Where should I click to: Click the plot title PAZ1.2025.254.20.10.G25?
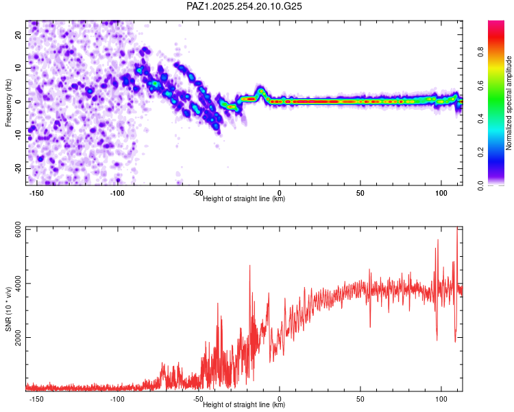pos(245,6)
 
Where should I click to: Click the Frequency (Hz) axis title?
pos(9,103)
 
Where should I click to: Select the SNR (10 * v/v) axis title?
pos(9,308)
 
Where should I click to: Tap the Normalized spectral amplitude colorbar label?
pos(509,103)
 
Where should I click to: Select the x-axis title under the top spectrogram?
pos(244,199)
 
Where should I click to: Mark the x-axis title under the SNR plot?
pos(244,405)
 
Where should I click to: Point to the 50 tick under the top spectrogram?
pos(360,193)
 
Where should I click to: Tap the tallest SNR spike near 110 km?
pos(457,230)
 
